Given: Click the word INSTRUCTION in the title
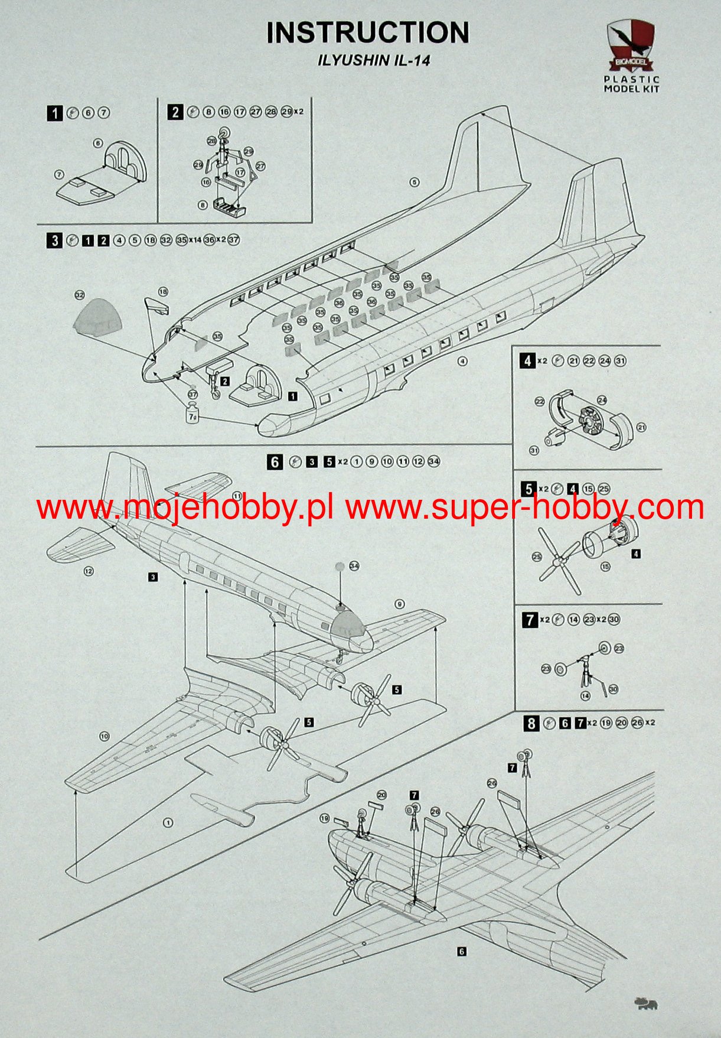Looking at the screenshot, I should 367,33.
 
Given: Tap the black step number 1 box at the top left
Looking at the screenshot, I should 55,113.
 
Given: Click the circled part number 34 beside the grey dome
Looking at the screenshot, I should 354,565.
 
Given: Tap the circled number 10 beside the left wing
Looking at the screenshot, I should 104,736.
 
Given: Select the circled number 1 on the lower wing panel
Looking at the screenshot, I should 168,822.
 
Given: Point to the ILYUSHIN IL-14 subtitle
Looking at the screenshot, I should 368,61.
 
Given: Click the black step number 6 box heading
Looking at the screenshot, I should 275,461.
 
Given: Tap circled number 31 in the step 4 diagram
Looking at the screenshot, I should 534,450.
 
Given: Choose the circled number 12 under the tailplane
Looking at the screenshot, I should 88,571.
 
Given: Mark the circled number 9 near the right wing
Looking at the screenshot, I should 400,604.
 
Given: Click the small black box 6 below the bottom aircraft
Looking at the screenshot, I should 462,951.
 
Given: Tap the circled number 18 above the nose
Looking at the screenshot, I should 163,291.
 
